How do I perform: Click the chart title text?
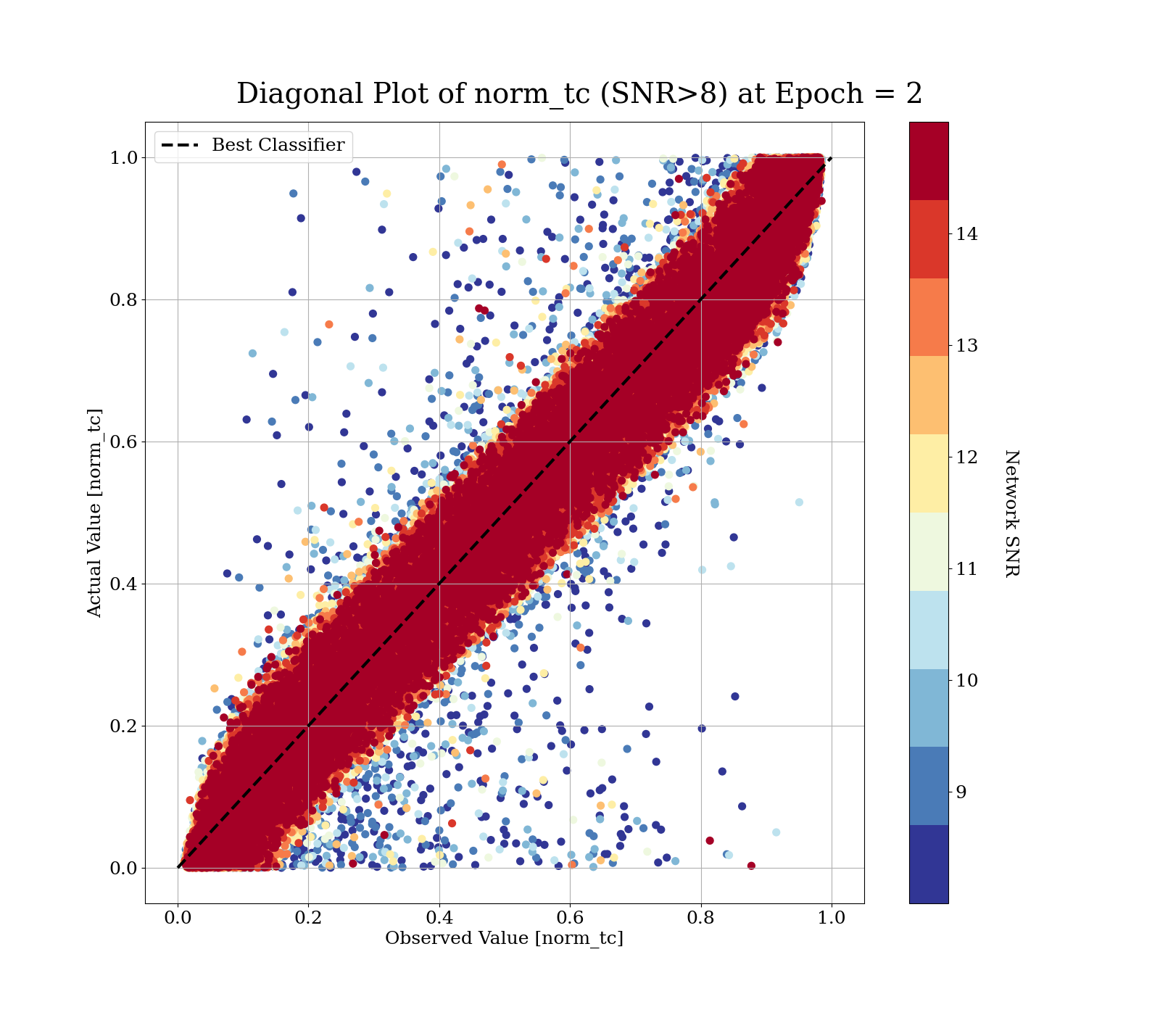(x=579, y=94)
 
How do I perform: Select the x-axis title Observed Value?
(x=504, y=938)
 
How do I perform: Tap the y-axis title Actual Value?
(x=95, y=513)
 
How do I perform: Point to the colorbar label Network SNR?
(x=1012, y=513)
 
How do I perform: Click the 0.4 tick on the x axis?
(x=439, y=918)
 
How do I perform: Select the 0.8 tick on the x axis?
(x=700, y=918)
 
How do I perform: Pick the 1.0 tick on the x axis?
(x=831, y=918)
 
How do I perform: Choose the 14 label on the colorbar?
(x=966, y=234)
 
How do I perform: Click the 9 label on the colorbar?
(x=961, y=792)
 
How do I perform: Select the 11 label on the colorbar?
(x=966, y=569)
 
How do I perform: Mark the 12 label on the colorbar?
(x=966, y=457)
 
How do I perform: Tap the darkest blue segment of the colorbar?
(x=929, y=864)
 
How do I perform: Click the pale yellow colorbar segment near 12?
(x=929, y=473)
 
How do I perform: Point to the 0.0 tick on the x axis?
(x=178, y=918)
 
